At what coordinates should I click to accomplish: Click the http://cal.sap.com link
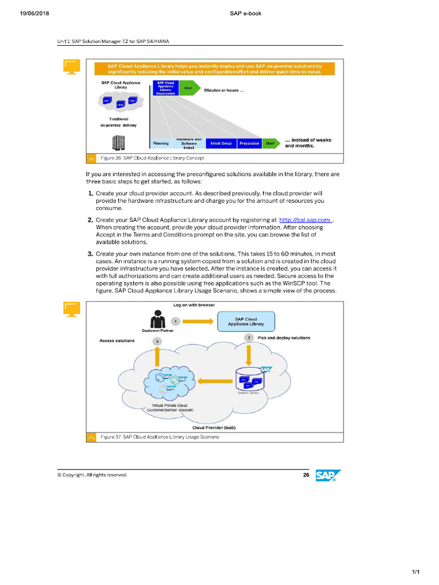[305, 219]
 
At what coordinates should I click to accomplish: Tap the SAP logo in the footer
[328, 476]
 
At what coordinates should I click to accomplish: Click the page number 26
[306, 475]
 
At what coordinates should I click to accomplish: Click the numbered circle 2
[249, 338]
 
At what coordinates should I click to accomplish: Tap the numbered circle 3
[158, 341]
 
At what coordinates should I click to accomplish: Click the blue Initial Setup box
[221, 143]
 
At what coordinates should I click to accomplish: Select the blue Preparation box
[249, 143]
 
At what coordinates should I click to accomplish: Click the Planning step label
[161, 143]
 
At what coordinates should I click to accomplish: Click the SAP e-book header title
[246, 13]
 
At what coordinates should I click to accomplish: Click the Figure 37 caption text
[159, 437]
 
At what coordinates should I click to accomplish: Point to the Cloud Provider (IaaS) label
[214, 427]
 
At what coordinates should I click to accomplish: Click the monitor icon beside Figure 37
[71, 309]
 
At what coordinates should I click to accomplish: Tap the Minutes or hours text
[224, 90]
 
